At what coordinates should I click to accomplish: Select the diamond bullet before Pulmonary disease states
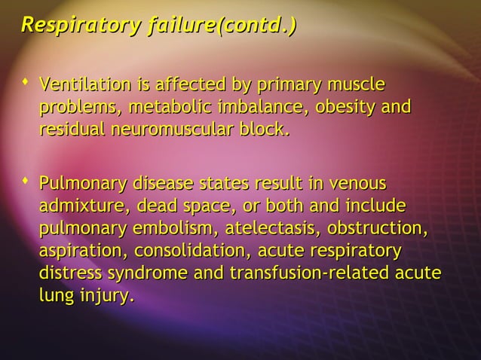[x=26, y=181]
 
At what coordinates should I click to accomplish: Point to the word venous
[x=358, y=184]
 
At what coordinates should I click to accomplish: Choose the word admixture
[x=77, y=206]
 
